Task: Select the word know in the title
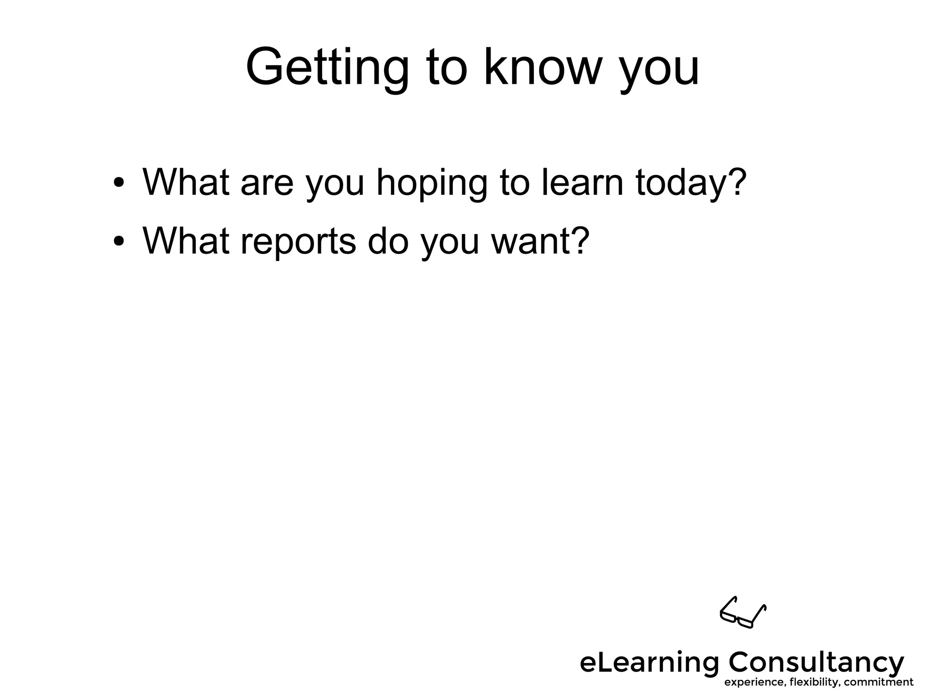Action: pos(540,67)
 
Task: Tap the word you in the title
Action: pos(659,72)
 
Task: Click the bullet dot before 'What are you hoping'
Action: pos(119,183)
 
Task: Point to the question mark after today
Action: pos(735,181)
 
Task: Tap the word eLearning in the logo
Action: pos(649,663)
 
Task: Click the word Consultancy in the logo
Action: pos(816,663)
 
